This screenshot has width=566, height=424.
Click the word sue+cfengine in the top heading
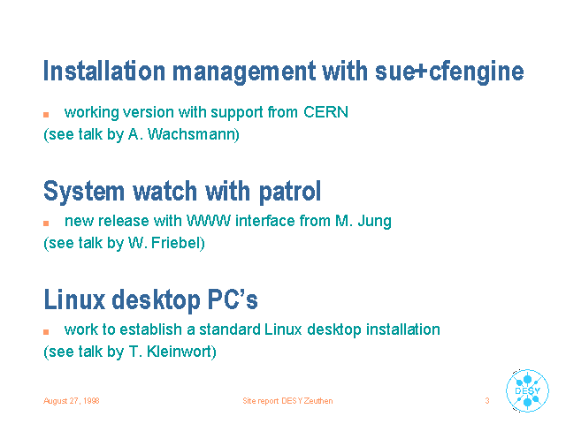point(449,72)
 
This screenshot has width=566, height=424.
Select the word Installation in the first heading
point(104,71)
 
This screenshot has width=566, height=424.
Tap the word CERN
point(325,112)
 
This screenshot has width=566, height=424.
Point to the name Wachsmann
point(192,134)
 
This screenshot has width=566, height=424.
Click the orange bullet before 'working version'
point(46,115)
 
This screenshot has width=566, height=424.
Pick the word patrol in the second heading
point(290,192)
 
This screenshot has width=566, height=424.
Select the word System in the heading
point(84,192)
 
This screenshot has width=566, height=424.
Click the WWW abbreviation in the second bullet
point(209,221)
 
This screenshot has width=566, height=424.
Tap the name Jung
point(375,222)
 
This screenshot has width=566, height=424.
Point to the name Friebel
point(176,243)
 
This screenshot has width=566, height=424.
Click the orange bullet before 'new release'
point(46,223)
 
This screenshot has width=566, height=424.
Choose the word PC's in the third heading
point(233,299)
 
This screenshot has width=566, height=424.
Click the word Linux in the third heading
point(74,299)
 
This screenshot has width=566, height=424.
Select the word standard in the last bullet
point(230,329)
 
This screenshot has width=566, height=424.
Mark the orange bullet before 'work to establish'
point(46,332)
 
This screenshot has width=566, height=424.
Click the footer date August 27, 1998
point(72,401)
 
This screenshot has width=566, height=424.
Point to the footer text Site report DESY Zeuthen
point(287,401)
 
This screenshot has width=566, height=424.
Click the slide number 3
point(487,400)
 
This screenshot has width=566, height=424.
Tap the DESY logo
point(527,390)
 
